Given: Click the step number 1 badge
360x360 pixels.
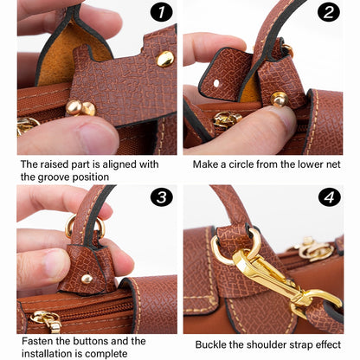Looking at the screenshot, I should [160, 12].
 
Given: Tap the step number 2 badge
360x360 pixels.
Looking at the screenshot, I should [328, 12].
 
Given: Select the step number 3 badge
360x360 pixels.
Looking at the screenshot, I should [161, 196].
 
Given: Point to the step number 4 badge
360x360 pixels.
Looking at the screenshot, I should [330, 196].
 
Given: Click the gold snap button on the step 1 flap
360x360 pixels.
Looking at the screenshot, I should [164, 59].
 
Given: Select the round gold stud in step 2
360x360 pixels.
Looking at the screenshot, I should [279, 99].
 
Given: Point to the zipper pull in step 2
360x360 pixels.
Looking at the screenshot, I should [227, 119].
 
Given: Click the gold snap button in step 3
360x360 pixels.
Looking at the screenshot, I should [86, 279].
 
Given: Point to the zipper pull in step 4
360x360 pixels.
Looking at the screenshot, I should [313, 251].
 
